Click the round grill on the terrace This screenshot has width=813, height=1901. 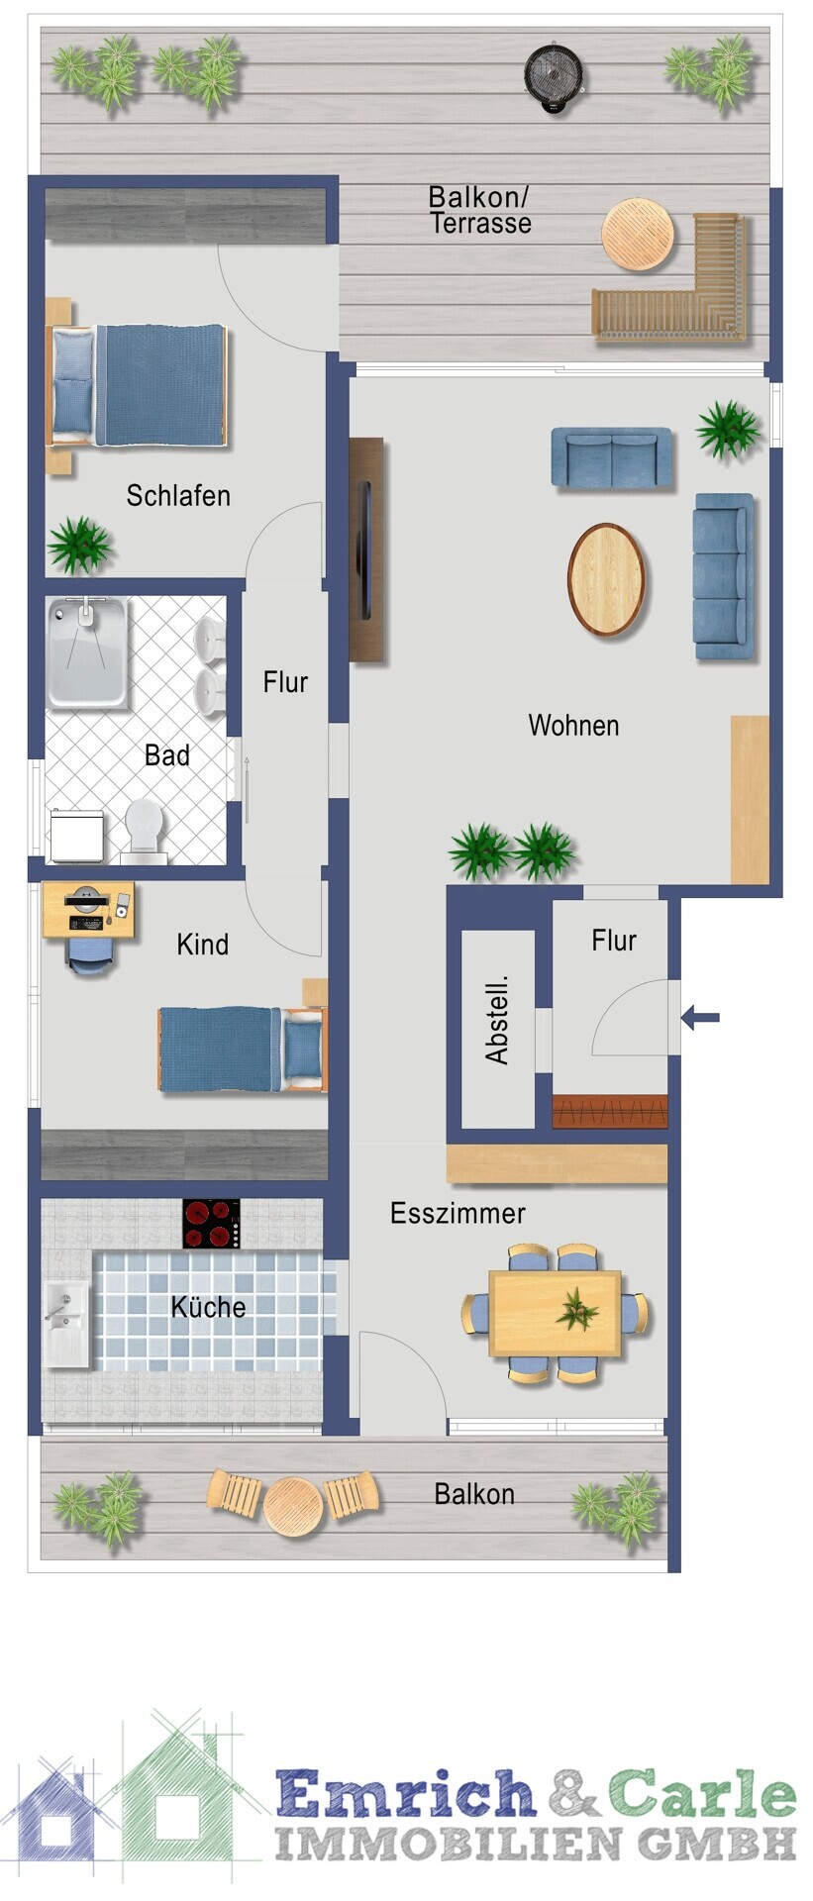point(553,74)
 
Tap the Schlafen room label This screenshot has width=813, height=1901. point(178,495)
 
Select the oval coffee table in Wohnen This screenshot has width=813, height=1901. point(606,579)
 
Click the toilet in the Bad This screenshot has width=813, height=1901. point(145,829)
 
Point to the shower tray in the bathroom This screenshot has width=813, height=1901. point(87,652)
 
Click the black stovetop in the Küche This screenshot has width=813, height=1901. point(211,1224)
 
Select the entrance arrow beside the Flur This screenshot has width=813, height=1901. point(701,1017)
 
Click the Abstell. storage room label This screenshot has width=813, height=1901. point(497,1021)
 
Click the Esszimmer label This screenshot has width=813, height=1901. point(457,1214)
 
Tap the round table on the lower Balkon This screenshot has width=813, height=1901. point(293,1507)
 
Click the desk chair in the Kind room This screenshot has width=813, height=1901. point(90,955)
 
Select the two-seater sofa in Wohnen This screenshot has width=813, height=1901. point(612,457)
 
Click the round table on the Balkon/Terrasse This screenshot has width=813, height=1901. point(638,235)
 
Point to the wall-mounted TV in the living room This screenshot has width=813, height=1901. point(365,550)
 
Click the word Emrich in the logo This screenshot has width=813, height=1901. point(407,1792)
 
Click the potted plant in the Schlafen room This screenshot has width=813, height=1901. point(79,544)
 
